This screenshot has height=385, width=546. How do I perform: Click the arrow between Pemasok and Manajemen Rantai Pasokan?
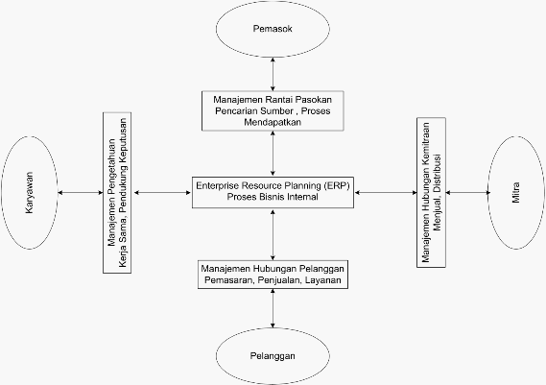[x=273, y=74]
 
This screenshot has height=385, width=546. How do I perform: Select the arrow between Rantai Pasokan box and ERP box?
[x=273, y=154]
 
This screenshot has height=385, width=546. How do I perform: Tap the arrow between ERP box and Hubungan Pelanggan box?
[x=273, y=234]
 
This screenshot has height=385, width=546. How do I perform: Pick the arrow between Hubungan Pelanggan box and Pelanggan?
[x=273, y=308]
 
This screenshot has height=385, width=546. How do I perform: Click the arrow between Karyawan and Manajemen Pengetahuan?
[x=81, y=192]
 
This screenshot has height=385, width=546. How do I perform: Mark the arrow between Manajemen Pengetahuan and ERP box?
[x=162, y=192]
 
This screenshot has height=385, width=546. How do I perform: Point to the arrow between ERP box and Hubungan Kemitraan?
[x=386, y=192]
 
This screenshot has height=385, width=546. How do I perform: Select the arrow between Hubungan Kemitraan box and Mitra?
[x=468, y=192]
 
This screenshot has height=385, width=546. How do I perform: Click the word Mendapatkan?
[x=273, y=122]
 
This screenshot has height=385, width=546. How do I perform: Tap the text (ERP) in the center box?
[x=337, y=185]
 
